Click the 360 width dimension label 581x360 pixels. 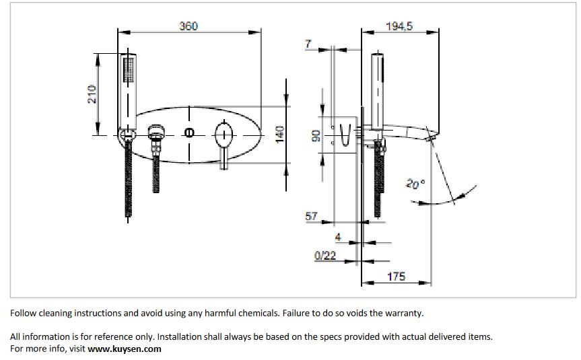coord(189,26)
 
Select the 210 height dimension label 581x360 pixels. coord(93,94)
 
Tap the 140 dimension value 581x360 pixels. coord(280,134)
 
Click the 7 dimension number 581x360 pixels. coord(308,44)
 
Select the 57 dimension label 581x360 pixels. coord(311,217)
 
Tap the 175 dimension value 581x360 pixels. coord(396,277)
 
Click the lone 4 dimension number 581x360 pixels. coord(338,237)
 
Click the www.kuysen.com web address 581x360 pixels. coord(125,349)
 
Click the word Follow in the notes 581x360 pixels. coord(24,313)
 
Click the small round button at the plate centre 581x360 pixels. coord(190,133)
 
